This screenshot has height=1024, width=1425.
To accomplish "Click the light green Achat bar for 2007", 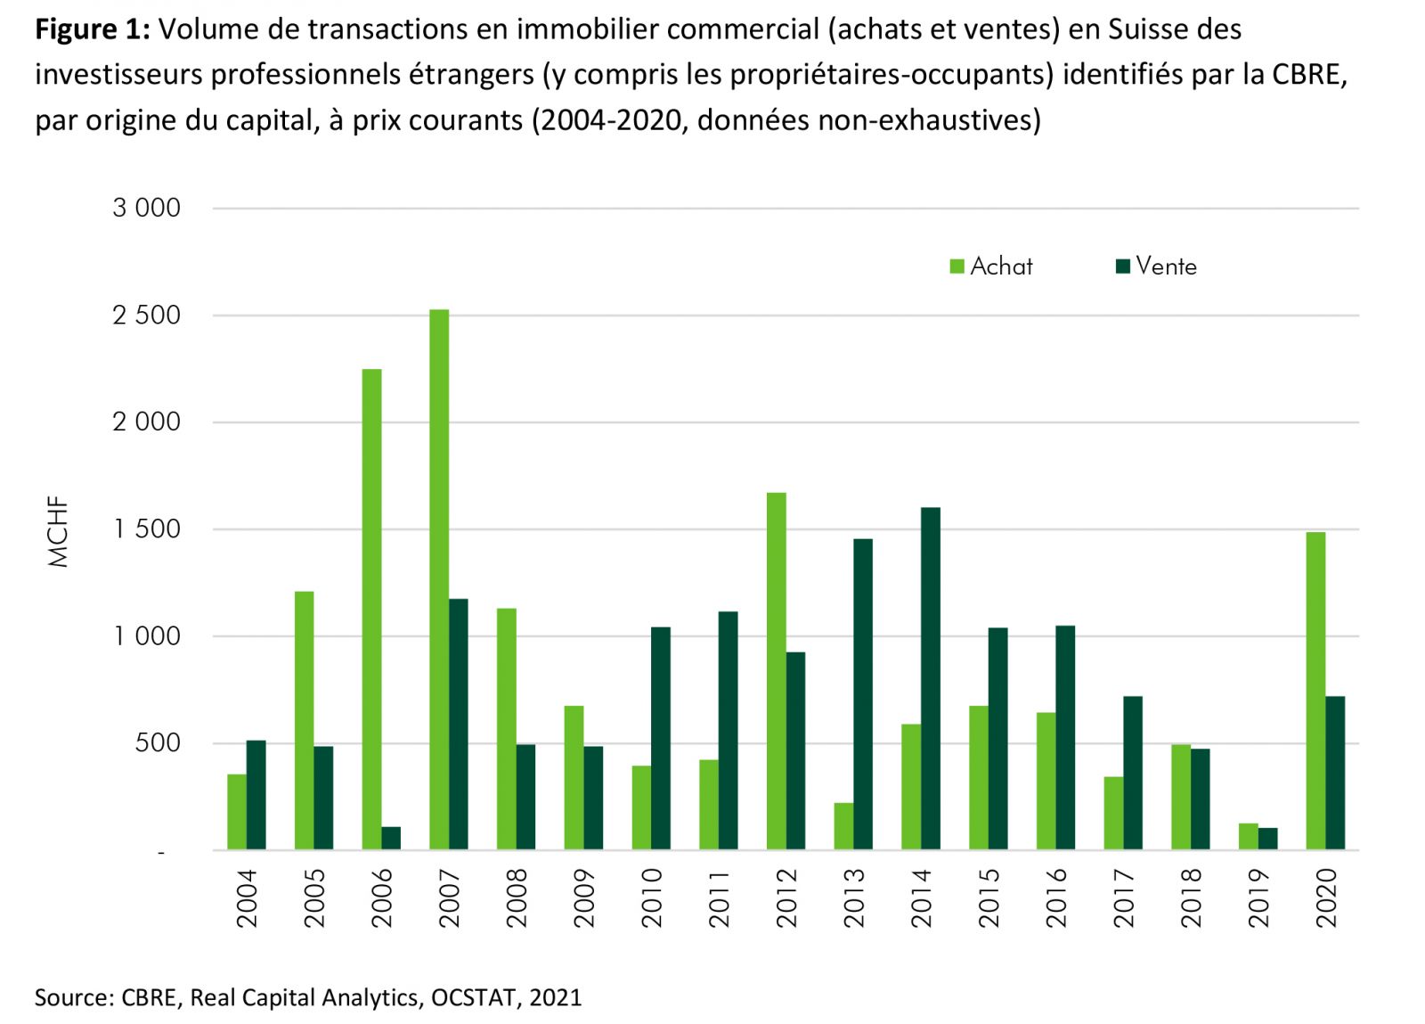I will (439, 579).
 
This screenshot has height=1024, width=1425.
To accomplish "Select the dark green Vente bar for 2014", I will (931, 678).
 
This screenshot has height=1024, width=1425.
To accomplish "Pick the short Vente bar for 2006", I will (391, 838).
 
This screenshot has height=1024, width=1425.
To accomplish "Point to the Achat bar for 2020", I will (1315, 691).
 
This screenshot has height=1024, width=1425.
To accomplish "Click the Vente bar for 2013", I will (863, 694).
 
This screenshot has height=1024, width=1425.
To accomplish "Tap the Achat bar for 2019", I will (1249, 836).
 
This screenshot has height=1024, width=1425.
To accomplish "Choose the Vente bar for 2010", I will (661, 738).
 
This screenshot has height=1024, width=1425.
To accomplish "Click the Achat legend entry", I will (991, 266).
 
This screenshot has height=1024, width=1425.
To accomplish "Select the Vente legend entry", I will (1156, 266).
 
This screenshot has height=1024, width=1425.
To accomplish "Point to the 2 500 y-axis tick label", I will (146, 315).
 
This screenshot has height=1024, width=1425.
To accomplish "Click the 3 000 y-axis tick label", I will (146, 209).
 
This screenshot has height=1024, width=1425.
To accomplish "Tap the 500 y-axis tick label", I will (158, 743).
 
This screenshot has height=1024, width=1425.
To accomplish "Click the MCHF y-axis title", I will (59, 537).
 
